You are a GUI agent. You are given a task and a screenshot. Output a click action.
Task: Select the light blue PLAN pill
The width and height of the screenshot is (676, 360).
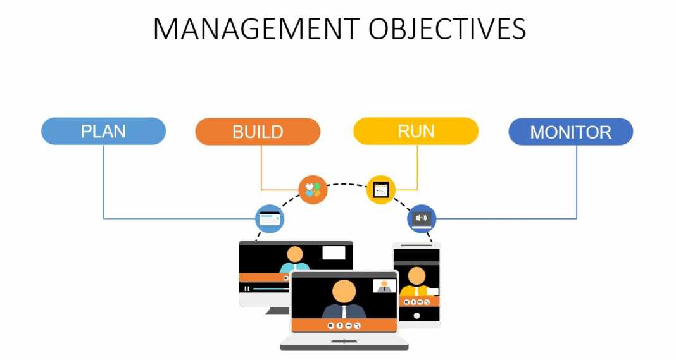pos(103,132)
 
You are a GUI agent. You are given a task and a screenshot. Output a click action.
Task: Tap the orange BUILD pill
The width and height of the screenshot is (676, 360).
pos(258,132)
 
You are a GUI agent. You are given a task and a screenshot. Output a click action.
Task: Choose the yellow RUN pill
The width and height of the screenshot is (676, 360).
pos(416,132)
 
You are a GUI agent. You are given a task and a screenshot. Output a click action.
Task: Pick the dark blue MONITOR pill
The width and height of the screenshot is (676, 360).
pos(570,132)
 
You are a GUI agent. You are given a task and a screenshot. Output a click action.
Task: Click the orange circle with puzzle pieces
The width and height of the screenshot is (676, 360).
pos(313,189)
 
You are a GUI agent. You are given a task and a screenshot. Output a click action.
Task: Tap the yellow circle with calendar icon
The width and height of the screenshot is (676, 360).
pos(380,190)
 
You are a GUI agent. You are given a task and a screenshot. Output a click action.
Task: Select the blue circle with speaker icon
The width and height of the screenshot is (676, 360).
pos(421,219)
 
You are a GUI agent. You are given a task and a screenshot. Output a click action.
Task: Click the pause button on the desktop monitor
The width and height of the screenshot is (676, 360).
pos(247,289)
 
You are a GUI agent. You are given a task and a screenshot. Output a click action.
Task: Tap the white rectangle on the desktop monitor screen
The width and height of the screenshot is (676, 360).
pos(334,253)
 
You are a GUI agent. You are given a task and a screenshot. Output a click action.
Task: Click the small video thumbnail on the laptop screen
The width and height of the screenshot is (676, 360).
pos(384,286)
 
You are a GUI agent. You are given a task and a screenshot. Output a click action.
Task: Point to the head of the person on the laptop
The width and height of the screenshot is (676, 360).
pos(344,292)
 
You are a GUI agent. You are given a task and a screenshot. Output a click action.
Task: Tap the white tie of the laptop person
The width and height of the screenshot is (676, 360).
pos(344,311)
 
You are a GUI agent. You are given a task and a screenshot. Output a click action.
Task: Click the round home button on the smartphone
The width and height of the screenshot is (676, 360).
pos(416,315)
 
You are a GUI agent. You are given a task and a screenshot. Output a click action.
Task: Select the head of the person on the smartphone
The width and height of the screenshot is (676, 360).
pos(416,276)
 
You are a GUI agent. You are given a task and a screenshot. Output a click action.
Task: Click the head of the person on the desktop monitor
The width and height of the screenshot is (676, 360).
pos(295,254)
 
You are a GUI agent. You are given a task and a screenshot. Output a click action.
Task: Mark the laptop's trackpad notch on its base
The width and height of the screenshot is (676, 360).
pos(344,342)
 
